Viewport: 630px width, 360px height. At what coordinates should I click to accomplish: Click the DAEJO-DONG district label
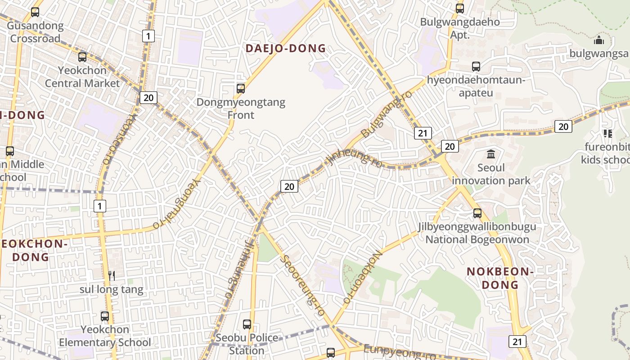click(285, 48)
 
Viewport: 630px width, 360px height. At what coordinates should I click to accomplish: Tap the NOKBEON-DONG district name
click(500, 278)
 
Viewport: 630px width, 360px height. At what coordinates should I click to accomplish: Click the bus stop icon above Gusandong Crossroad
click(35, 12)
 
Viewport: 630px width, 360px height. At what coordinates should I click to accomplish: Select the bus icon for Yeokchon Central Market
click(82, 57)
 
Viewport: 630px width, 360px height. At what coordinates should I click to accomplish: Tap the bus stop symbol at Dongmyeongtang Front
click(241, 89)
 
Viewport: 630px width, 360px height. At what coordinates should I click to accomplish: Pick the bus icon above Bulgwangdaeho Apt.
click(460, 9)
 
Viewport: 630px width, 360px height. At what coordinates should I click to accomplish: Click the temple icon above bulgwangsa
click(599, 40)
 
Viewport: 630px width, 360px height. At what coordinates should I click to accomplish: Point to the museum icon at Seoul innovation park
click(491, 154)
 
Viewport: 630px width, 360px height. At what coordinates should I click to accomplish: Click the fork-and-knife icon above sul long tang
click(112, 275)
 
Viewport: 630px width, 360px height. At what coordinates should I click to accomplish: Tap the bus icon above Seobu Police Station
click(247, 324)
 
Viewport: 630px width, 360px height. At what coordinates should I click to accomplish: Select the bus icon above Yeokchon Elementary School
click(105, 316)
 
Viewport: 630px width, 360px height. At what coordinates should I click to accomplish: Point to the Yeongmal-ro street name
click(175, 204)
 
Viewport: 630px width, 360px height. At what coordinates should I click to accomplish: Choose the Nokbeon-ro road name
click(363, 277)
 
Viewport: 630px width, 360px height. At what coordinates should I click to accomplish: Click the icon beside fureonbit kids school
click(608, 134)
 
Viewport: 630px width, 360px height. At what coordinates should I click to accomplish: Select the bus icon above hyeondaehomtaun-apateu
click(476, 67)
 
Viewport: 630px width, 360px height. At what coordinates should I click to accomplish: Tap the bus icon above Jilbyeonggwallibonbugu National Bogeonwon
click(477, 213)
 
